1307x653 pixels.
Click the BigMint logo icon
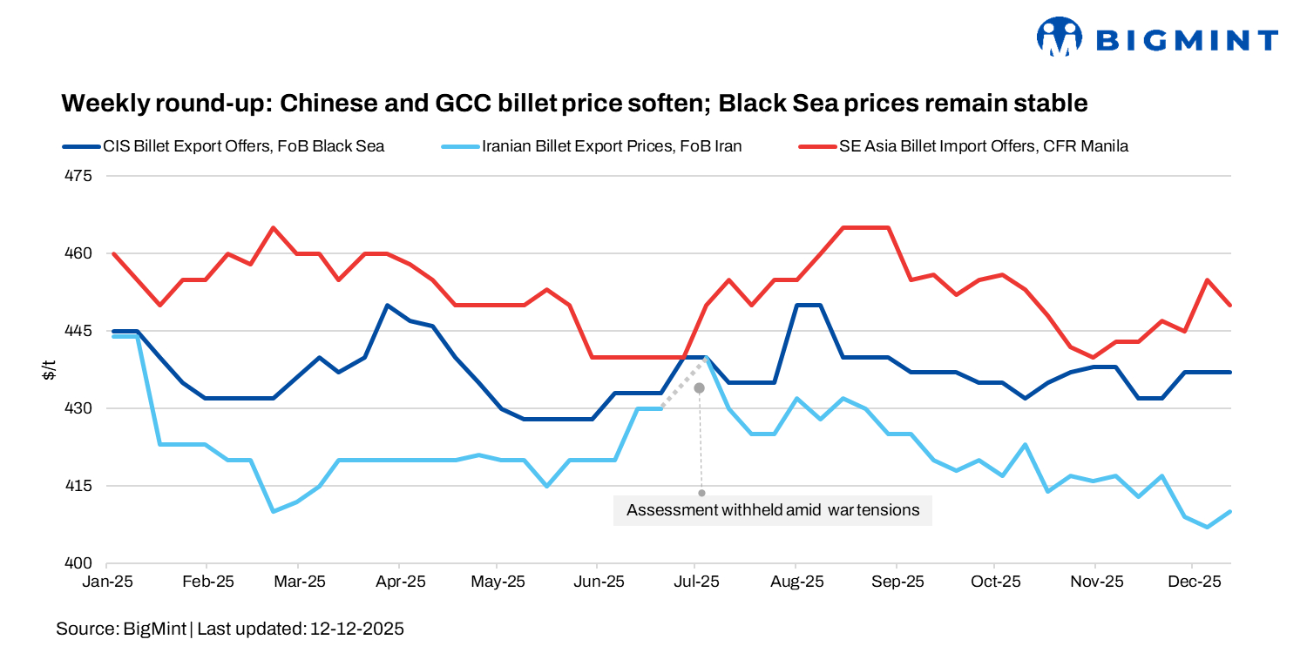pyautogui.click(x=1059, y=37)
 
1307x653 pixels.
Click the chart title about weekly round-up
pyautogui.click(x=574, y=104)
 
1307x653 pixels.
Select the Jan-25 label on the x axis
pyautogui.click(x=109, y=581)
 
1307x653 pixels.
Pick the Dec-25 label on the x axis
pyautogui.click(x=1193, y=581)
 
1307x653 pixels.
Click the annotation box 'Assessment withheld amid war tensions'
pyautogui.click(x=773, y=510)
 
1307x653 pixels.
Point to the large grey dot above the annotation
pyautogui.click(x=699, y=387)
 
